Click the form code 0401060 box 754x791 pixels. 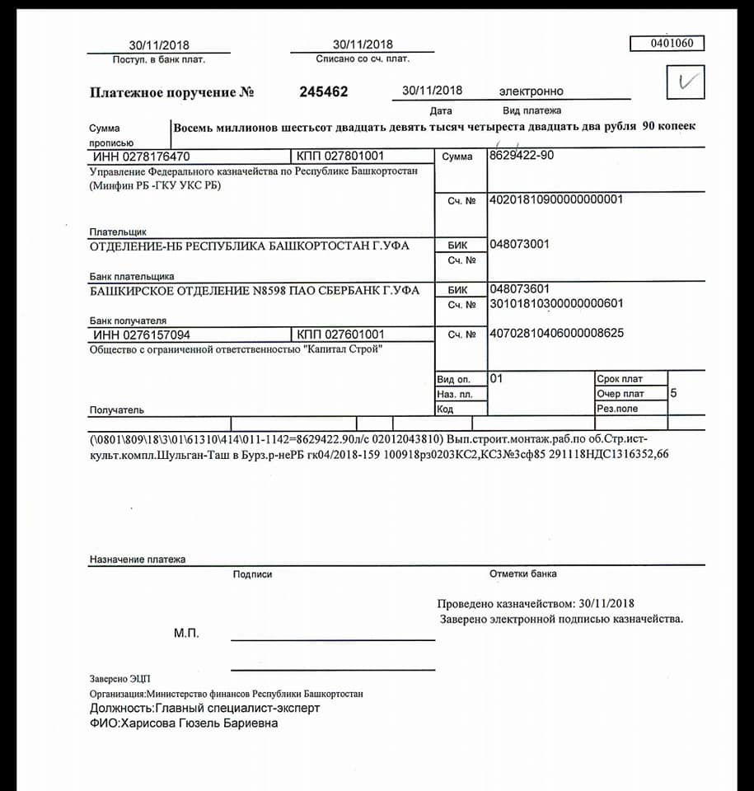[667, 44]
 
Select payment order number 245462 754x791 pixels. [323, 91]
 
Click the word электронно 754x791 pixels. [531, 91]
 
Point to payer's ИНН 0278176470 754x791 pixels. [141, 156]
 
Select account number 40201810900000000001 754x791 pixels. [555, 199]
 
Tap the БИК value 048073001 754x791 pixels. [519, 245]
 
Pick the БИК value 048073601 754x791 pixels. [519, 290]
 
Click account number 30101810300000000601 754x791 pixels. [555, 304]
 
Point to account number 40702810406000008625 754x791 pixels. [555, 334]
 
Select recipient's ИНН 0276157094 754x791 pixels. [141, 335]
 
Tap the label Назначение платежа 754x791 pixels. [138, 559]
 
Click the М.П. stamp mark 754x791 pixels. [186, 634]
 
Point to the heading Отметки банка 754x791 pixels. [522, 573]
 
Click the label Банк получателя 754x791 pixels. [128, 321]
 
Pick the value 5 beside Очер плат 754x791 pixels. [673, 393]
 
